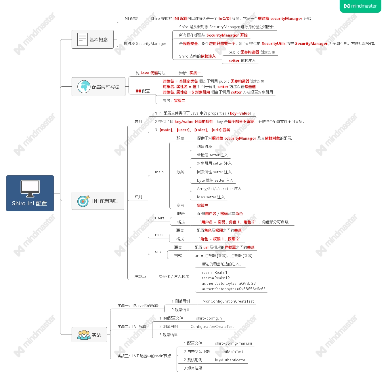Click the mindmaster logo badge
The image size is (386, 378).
(x=360, y=6)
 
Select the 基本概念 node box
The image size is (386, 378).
(x=92, y=39)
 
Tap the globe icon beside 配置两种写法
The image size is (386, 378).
(x=84, y=87)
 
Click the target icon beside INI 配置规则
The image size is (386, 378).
(x=83, y=201)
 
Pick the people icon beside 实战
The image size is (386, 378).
(x=84, y=335)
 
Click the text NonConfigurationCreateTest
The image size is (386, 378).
(x=228, y=301)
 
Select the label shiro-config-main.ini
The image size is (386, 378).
(x=233, y=343)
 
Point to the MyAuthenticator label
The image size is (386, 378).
(x=230, y=360)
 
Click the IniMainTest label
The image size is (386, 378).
(x=233, y=352)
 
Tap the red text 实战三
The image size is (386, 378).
(x=202, y=206)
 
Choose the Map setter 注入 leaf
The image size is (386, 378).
(x=211, y=197)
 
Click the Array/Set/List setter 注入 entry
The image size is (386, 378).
(x=219, y=189)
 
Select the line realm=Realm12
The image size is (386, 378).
(x=216, y=278)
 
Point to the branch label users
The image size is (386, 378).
(x=159, y=218)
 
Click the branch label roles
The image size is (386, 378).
(x=159, y=235)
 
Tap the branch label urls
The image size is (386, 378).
(x=158, y=252)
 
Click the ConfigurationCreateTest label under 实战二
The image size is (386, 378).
(x=212, y=327)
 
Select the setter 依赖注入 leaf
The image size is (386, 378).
(x=242, y=61)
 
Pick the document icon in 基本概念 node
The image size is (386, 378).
(x=82, y=39)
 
